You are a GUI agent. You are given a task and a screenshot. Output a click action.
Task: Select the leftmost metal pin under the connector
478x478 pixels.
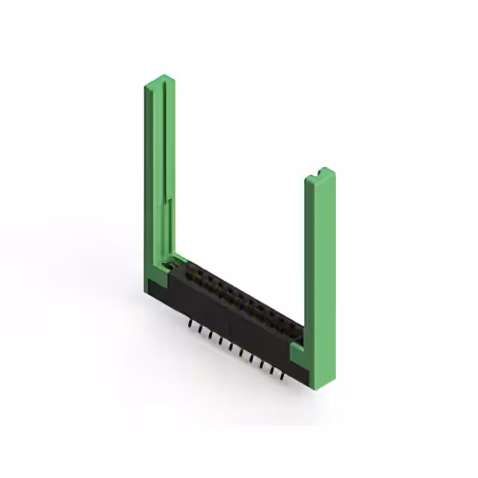coord(190,326)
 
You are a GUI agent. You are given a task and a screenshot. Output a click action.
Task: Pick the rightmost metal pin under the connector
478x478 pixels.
coord(282,375)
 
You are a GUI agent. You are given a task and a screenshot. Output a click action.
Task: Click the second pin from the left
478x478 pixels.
coord(201,331)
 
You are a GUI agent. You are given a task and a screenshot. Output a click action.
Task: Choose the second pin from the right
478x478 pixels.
coord(272,370)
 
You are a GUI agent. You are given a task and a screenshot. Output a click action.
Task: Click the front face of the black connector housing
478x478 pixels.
coord(232,329)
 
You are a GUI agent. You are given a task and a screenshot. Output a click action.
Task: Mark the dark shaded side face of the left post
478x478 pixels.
coord(149,179)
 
